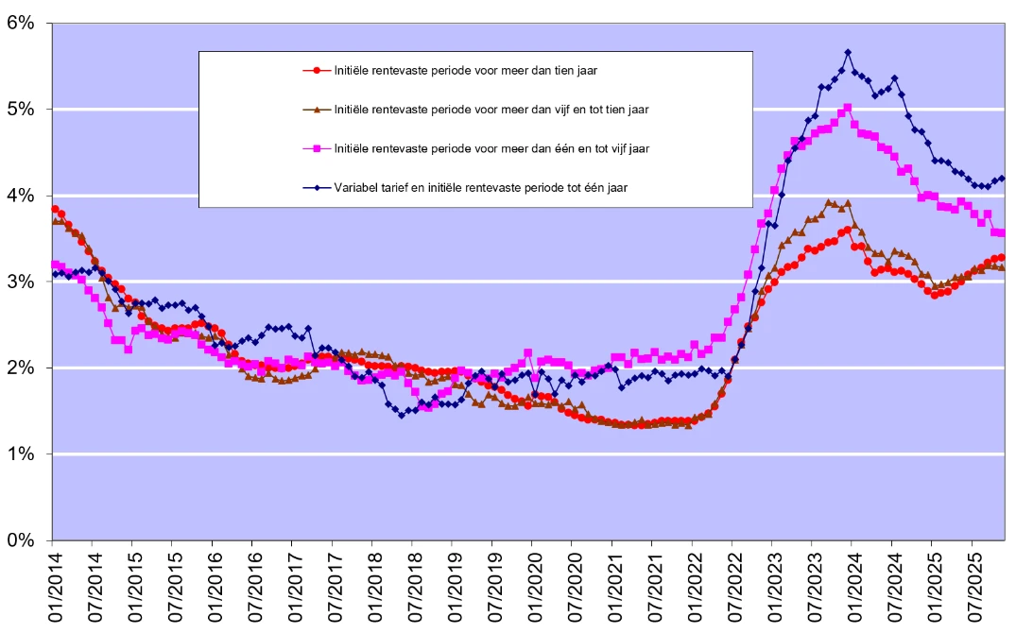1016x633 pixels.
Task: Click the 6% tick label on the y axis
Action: (x=20, y=23)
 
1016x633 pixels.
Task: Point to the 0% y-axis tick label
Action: (x=20, y=540)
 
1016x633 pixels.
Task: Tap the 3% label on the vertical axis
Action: (x=20, y=282)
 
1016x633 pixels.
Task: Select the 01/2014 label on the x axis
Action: (x=53, y=586)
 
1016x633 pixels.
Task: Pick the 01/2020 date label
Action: (x=532, y=586)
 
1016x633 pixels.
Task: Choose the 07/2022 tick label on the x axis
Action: (x=732, y=586)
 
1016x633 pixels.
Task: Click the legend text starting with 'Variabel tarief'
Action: (x=481, y=188)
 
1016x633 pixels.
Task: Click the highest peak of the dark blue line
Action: (x=848, y=52)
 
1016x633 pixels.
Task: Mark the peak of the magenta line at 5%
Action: (x=848, y=108)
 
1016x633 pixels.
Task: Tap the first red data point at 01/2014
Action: (x=55, y=209)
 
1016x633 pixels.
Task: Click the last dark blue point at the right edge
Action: (x=1002, y=178)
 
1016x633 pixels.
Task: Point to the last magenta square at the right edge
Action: (x=1002, y=232)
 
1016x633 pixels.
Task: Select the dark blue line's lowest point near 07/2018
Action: (x=402, y=415)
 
